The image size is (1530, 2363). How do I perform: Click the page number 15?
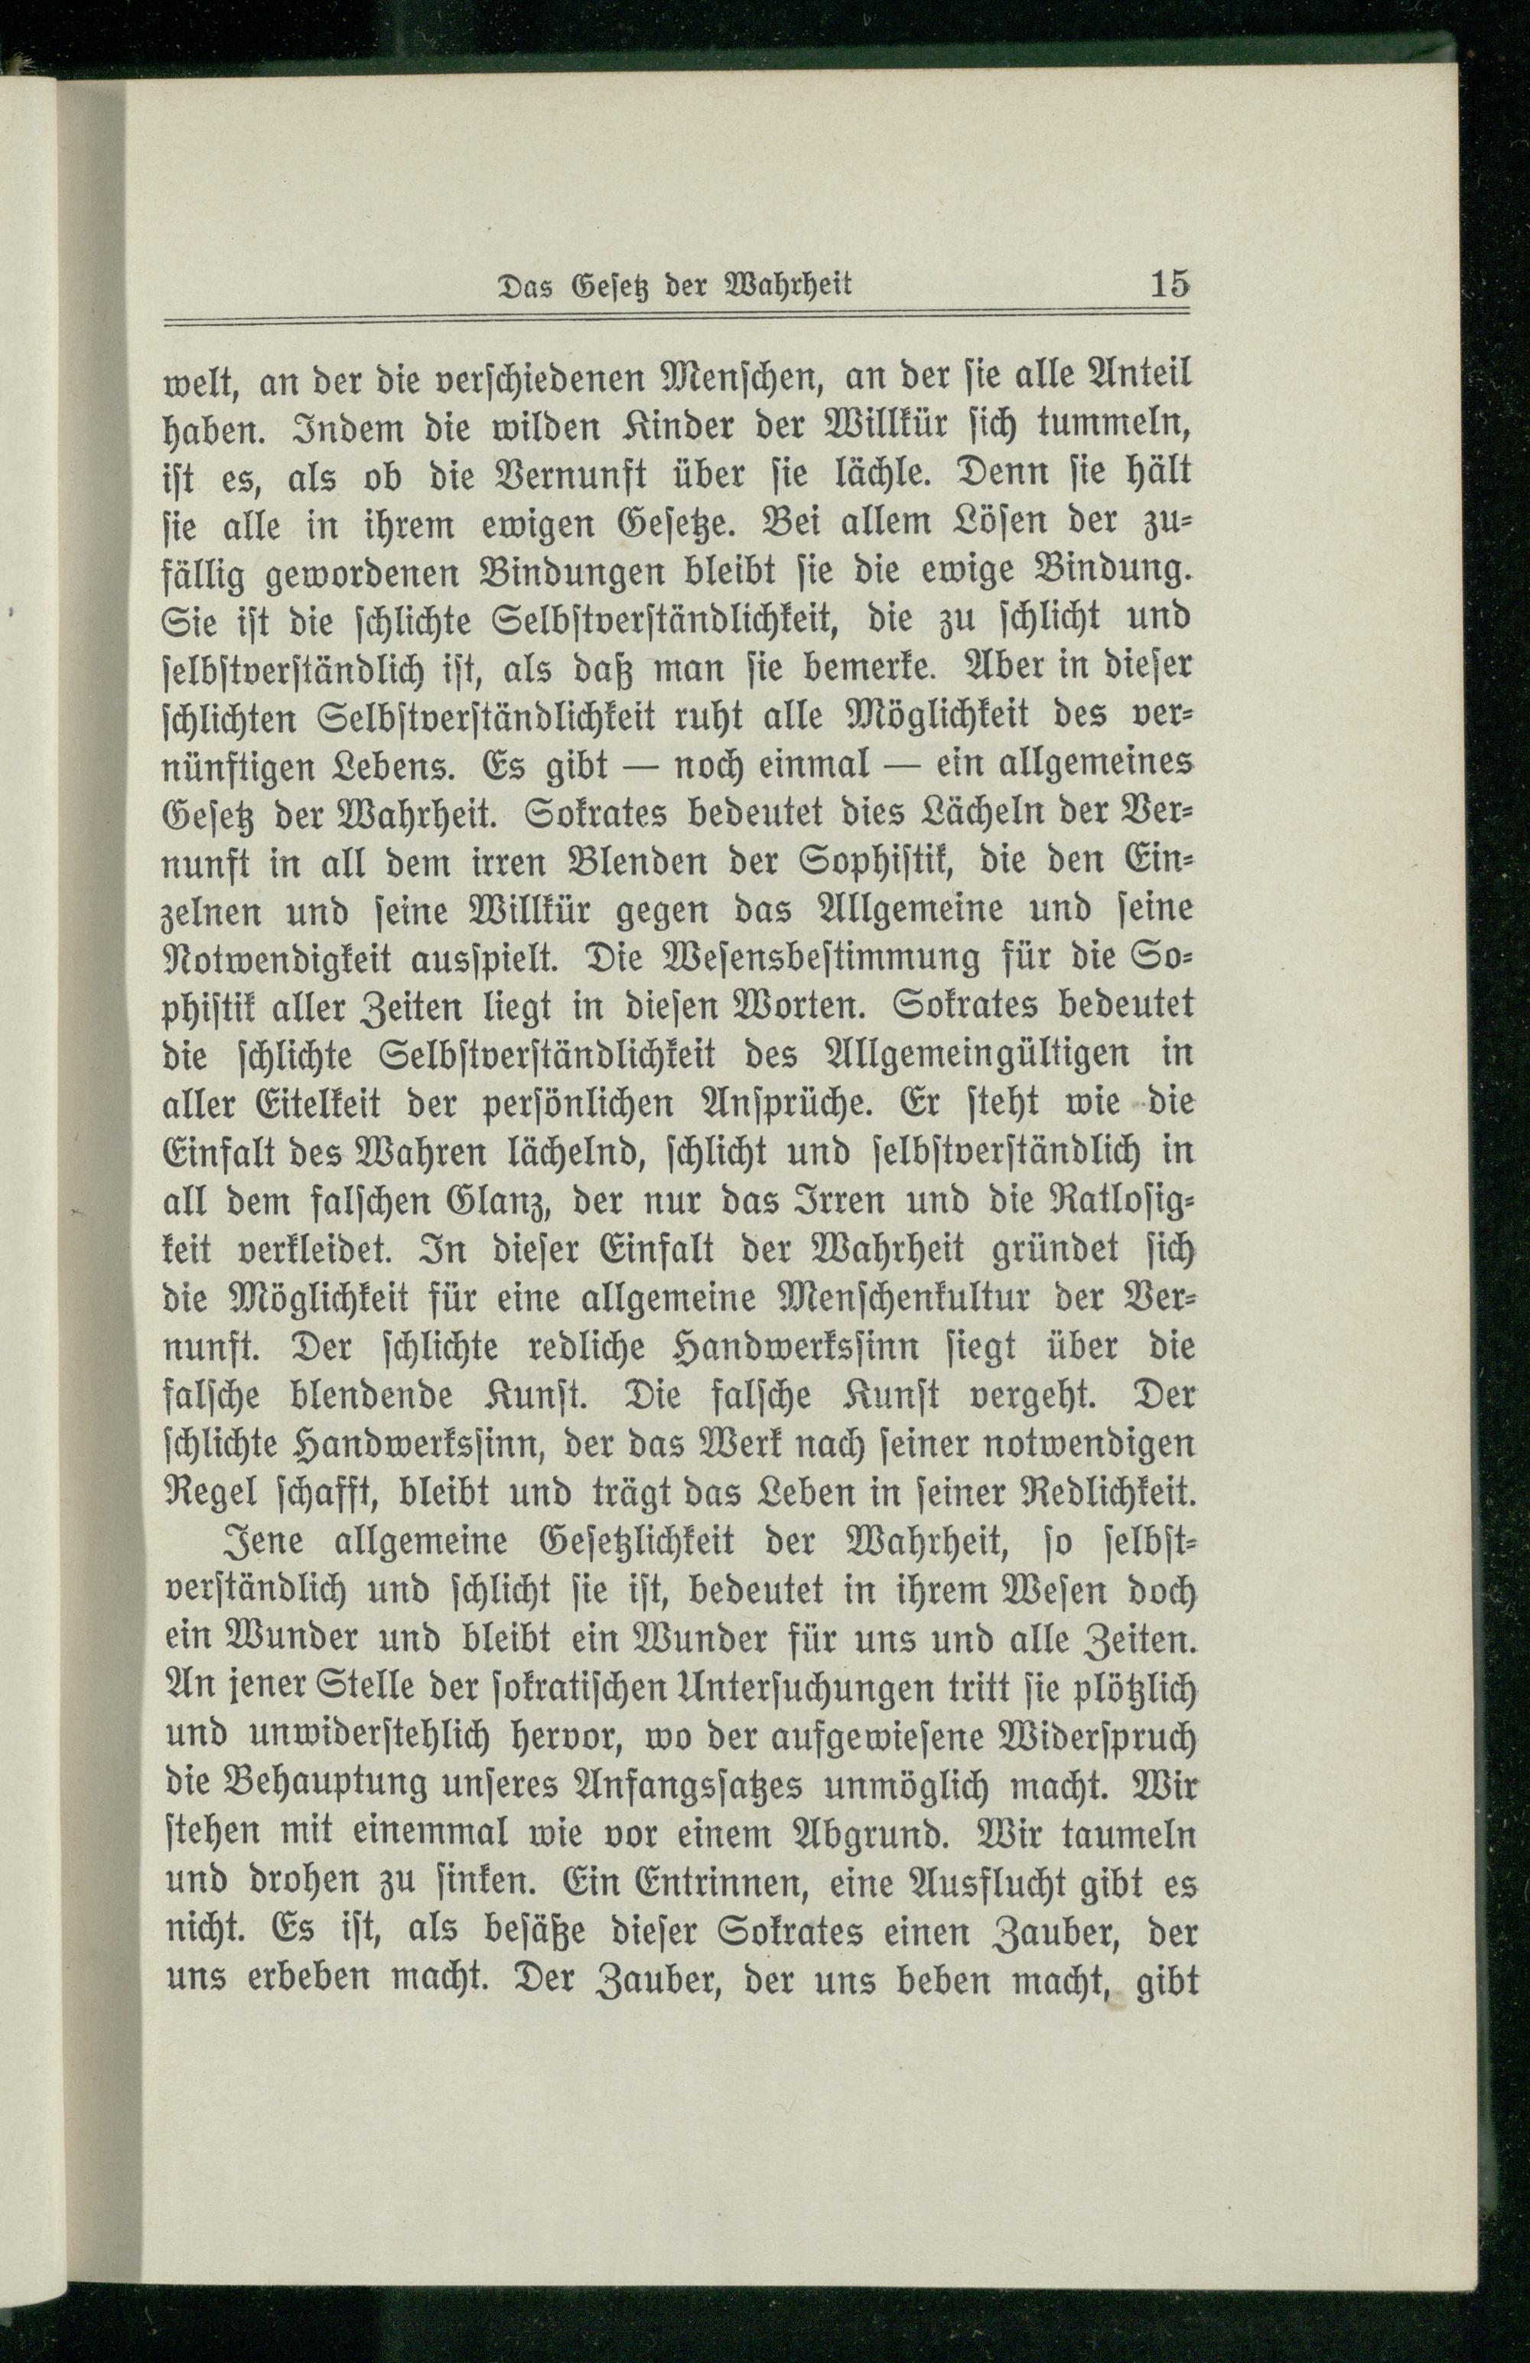point(1170,284)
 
